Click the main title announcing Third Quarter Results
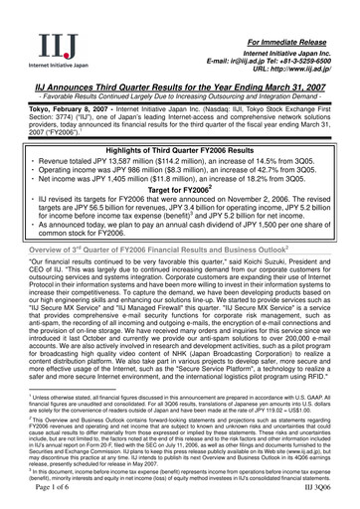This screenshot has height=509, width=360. click(180, 87)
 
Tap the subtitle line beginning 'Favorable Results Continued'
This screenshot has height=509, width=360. click(180, 97)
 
